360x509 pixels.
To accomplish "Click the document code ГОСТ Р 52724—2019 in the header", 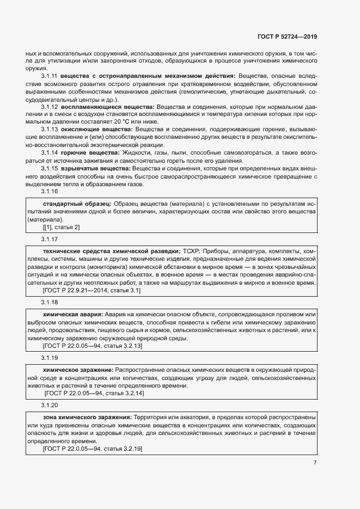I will click(287, 36).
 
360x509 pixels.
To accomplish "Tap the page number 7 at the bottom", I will click(315, 463).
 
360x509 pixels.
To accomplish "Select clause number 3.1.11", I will click(50, 76).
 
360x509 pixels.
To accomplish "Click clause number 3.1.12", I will click(50, 107).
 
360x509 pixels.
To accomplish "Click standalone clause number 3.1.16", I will click(50, 192).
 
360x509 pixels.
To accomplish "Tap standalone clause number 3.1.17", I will click(50, 240).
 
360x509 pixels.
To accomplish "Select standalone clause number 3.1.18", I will click(50, 302).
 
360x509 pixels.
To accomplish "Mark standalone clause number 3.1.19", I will click(50, 357).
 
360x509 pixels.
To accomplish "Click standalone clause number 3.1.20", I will click(50, 405).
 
